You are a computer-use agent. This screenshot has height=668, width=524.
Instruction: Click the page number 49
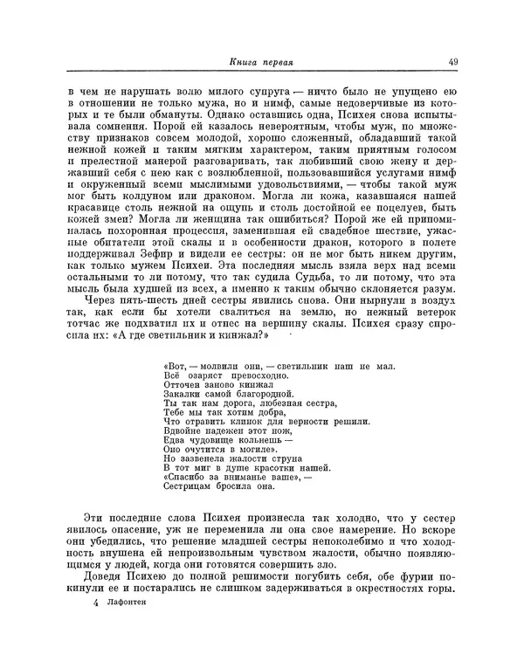point(454,62)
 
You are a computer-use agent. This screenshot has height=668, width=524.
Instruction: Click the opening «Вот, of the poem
point(176,389)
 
